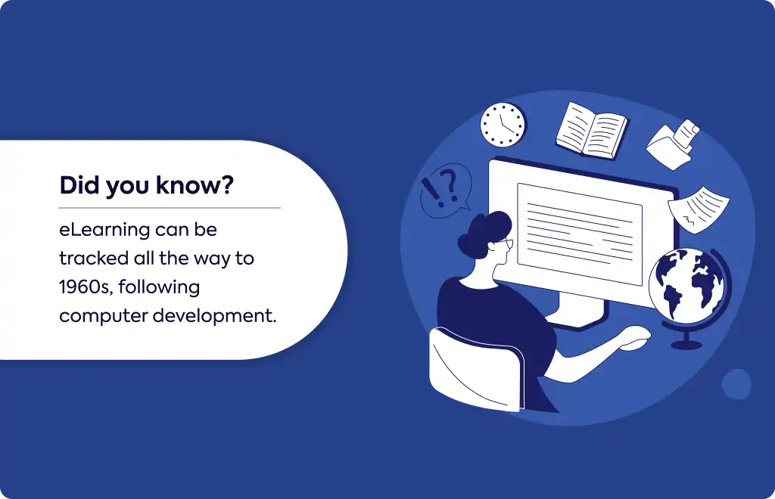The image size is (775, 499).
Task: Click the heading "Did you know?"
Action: [x=146, y=185]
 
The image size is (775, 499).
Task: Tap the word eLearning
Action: [x=104, y=231]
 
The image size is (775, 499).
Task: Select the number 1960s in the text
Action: [x=86, y=287]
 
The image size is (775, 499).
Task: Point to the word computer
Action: [x=103, y=316]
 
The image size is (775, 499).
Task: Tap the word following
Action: [x=159, y=288]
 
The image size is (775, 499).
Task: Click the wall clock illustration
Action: [x=503, y=125]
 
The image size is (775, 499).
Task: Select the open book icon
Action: [x=592, y=131]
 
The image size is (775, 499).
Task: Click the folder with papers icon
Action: [x=673, y=144]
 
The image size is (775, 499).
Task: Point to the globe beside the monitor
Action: [x=687, y=290]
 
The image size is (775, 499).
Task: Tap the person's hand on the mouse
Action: [x=635, y=338]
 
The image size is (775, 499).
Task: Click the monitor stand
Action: [x=579, y=311]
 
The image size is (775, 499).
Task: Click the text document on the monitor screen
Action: [x=579, y=234]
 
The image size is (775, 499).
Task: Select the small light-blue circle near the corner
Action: [x=736, y=384]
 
